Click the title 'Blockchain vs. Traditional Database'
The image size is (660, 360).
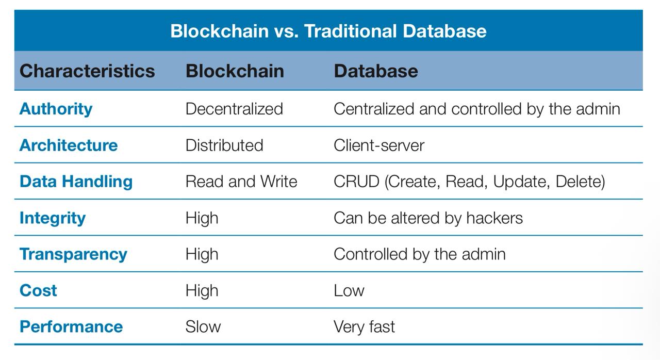[x=328, y=31]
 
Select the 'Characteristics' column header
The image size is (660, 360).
[x=87, y=71]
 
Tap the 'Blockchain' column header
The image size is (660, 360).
[x=235, y=71]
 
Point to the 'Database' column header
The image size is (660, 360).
[x=376, y=71]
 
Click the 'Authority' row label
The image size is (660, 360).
[x=56, y=109]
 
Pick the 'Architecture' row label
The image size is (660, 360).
[x=69, y=145]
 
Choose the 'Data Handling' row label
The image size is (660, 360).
[x=76, y=182]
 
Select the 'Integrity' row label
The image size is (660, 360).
[x=53, y=219]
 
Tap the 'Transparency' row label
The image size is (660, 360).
[x=73, y=255]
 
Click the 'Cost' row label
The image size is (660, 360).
[x=38, y=290]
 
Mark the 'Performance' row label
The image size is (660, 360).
[x=71, y=326]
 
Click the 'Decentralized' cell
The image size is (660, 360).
[x=234, y=109]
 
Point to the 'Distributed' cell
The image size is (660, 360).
[x=224, y=145]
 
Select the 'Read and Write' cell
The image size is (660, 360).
[x=241, y=182]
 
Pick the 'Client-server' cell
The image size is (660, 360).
[x=379, y=145]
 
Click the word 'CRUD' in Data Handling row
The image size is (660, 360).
[x=356, y=182]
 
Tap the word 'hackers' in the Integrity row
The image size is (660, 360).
[x=494, y=218]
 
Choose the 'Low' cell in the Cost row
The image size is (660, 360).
[x=349, y=291]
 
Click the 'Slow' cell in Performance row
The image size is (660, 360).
[x=203, y=326]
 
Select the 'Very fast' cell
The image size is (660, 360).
[x=364, y=327]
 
